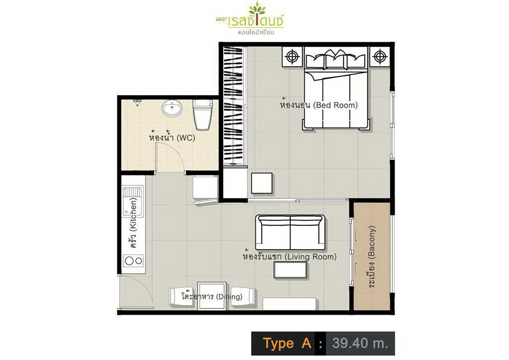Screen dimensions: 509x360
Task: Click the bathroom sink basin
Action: (172, 108)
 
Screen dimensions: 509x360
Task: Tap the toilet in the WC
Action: (203, 114)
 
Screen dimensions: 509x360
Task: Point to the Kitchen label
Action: (133, 223)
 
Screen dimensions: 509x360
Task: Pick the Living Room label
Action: (290, 257)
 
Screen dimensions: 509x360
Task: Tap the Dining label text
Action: (212, 296)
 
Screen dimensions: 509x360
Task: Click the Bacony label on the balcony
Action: (371, 257)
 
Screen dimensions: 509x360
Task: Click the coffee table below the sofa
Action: (290, 270)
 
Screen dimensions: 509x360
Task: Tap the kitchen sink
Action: (133, 202)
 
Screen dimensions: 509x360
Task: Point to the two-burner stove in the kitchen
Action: (133, 261)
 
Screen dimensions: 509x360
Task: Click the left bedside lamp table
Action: (292, 57)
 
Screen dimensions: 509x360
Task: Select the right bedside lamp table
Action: (379, 57)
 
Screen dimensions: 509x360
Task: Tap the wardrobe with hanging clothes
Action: (233, 106)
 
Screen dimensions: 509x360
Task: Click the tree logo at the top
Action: (256, 9)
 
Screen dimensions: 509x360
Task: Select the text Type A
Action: (287, 343)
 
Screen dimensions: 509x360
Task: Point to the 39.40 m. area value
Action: (360, 343)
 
